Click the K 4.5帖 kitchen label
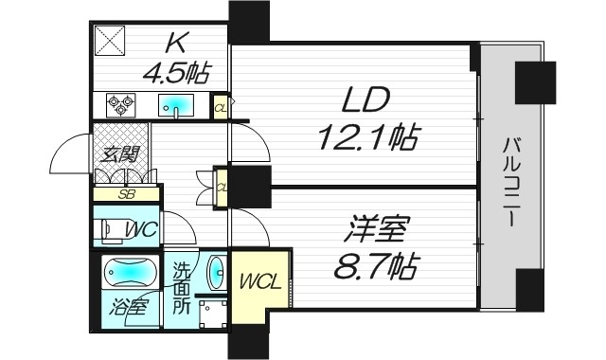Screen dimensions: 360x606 point(176,57)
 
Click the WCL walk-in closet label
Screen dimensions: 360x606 point(258,281)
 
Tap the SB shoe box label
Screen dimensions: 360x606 point(125,194)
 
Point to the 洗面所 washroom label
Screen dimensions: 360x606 point(181,288)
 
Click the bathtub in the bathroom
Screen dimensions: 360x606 point(128,273)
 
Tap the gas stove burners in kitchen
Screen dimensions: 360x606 point(121,103)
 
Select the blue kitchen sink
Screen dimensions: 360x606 point(176,104)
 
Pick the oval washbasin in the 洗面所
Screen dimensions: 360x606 point(215,272)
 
